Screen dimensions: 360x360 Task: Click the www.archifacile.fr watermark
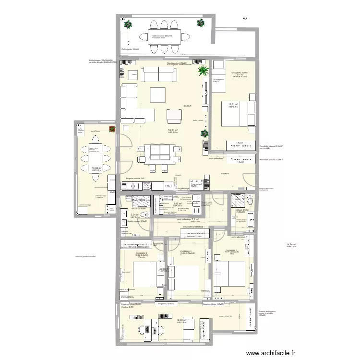point(271,354)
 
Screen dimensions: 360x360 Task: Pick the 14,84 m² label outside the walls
point(291,245)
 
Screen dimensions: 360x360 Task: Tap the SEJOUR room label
point(187,106)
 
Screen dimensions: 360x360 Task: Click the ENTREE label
point(225,174)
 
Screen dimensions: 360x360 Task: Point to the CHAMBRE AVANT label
point(240,72)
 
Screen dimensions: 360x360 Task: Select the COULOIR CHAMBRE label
point(193,227)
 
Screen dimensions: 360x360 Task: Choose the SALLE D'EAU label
point(241,210)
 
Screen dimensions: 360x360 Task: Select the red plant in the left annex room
point(112,129)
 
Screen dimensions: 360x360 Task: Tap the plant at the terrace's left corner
point(128,24)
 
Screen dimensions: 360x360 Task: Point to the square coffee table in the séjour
point(158,95)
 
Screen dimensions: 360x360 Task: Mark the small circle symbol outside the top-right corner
point(246,18)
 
